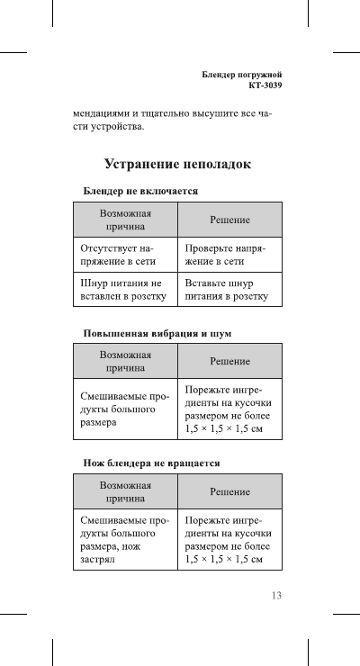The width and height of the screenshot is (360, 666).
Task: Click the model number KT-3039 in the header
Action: [265, 86]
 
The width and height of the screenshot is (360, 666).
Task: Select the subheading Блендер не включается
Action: [141, 192]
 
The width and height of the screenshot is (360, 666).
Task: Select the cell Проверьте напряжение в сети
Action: [230, 254]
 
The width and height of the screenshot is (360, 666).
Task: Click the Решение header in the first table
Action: [230, 220]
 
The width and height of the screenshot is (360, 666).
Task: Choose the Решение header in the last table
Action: [230, 490]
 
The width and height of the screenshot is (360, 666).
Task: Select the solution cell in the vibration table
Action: [230, 409]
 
